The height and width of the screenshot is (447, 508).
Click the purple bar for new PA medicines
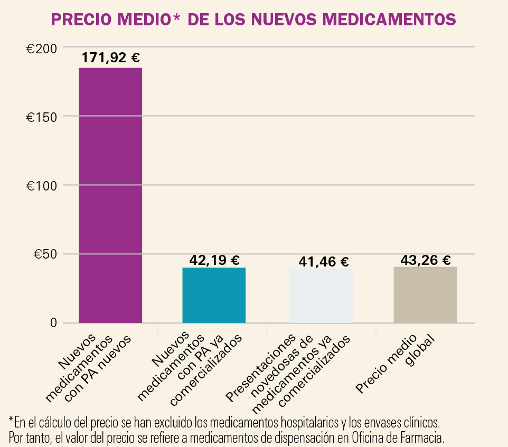[x=110, y=195]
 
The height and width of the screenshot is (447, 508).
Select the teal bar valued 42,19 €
[x=214, y=295]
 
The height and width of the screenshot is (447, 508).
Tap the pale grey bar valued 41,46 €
[x=322, y=296]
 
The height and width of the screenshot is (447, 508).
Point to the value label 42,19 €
[x=214, y=260]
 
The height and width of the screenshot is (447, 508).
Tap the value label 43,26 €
[x=426, y=260]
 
